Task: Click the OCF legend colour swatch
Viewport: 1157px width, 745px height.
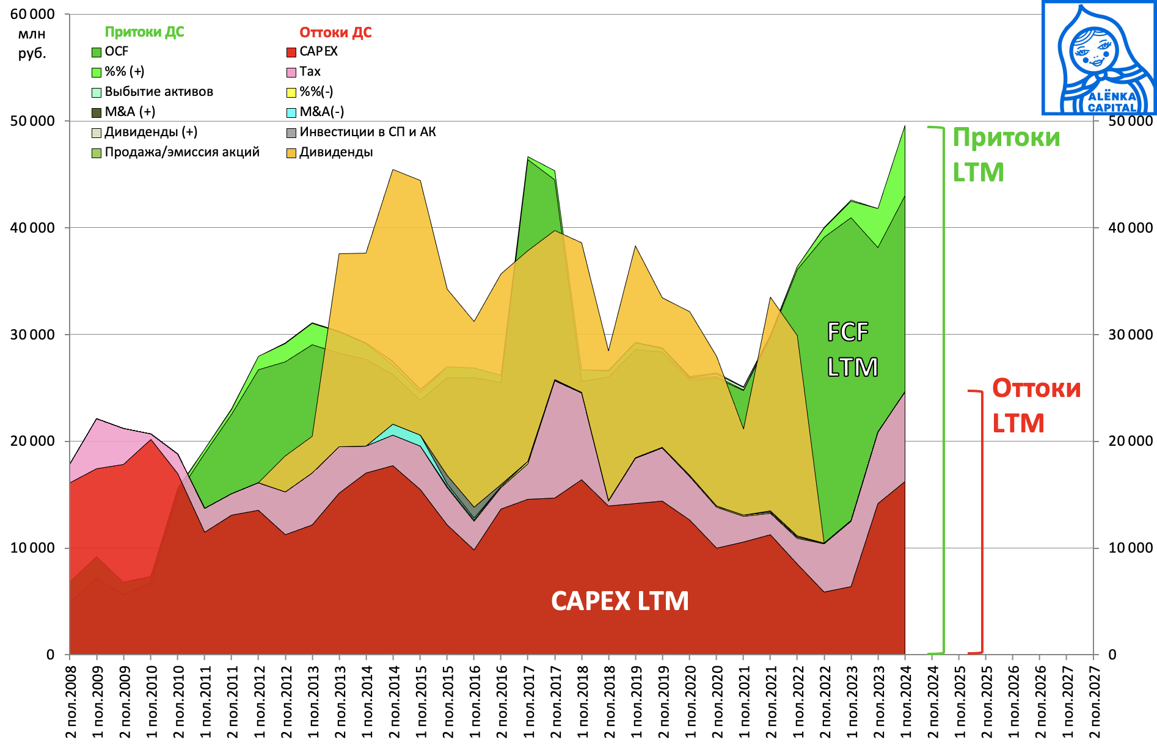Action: coord(97,53)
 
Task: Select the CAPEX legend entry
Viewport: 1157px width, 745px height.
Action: coord(318,52)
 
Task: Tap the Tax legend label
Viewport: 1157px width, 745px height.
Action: coord(310,72)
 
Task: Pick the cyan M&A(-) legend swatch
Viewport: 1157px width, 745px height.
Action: coord(292,112)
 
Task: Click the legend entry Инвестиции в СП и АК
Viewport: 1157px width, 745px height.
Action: coord(367,133)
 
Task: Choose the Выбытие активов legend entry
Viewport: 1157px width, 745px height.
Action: coord(158,92)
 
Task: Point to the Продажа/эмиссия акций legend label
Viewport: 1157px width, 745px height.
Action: coord(181,153)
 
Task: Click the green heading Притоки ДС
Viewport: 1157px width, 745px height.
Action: coord(144,32)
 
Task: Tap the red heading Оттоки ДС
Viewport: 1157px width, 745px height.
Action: coord(335,33)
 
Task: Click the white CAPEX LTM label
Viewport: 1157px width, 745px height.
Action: coord(619,601)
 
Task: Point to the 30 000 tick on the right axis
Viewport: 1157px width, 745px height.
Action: coord(1130,335)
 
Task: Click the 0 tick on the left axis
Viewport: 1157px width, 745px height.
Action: coord(51,655)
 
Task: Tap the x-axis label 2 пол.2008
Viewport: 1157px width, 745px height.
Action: coord(71,702)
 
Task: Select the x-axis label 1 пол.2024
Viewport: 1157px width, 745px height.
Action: coord(905,702)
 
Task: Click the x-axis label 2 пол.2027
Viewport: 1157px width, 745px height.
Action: coord(1094,702)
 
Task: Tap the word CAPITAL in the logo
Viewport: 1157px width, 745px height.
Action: coord(1112,108)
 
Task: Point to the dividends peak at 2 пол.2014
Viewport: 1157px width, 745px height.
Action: coord(393,170)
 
